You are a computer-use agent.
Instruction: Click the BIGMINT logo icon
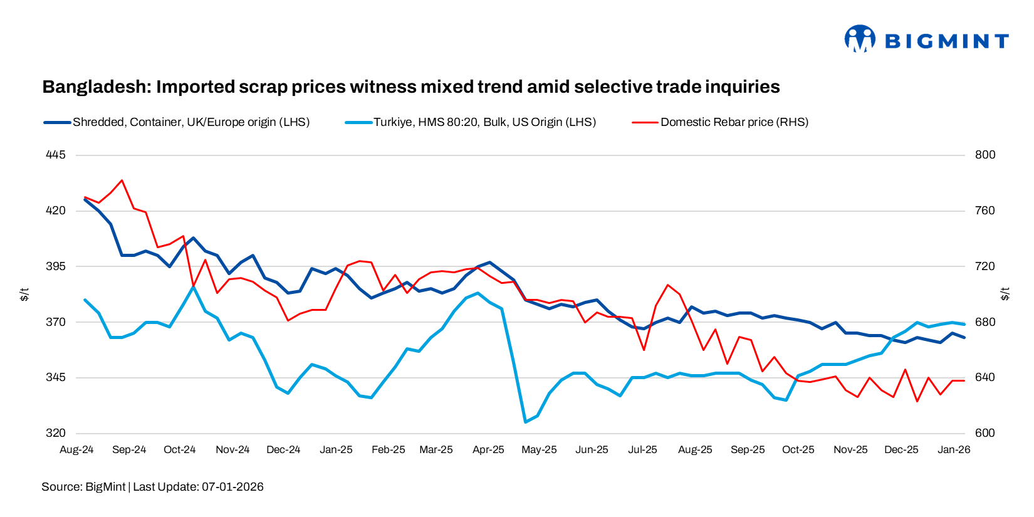(859, 39)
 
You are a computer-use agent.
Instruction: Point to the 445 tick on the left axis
(56, 155)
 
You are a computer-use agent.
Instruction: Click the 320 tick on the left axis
(56, 433)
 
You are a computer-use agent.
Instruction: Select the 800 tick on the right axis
(984, 155)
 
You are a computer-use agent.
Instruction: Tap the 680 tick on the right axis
(984, 322)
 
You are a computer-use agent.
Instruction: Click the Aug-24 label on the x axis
(76, 450)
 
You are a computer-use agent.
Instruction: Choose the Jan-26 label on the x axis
(953, 450)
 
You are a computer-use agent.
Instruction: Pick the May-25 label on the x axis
(539, 450)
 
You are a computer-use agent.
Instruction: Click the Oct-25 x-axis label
(798, 450)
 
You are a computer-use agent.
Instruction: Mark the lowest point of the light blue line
(525, 422)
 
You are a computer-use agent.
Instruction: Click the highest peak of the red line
(122, 180)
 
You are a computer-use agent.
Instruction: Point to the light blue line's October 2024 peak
(193, 286)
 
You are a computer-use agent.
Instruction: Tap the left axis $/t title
(24, 294)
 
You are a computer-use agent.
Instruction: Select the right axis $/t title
(1005, 294)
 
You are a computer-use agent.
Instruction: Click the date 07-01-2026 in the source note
(232, 487)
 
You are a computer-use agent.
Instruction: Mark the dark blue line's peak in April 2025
(489, 263)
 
